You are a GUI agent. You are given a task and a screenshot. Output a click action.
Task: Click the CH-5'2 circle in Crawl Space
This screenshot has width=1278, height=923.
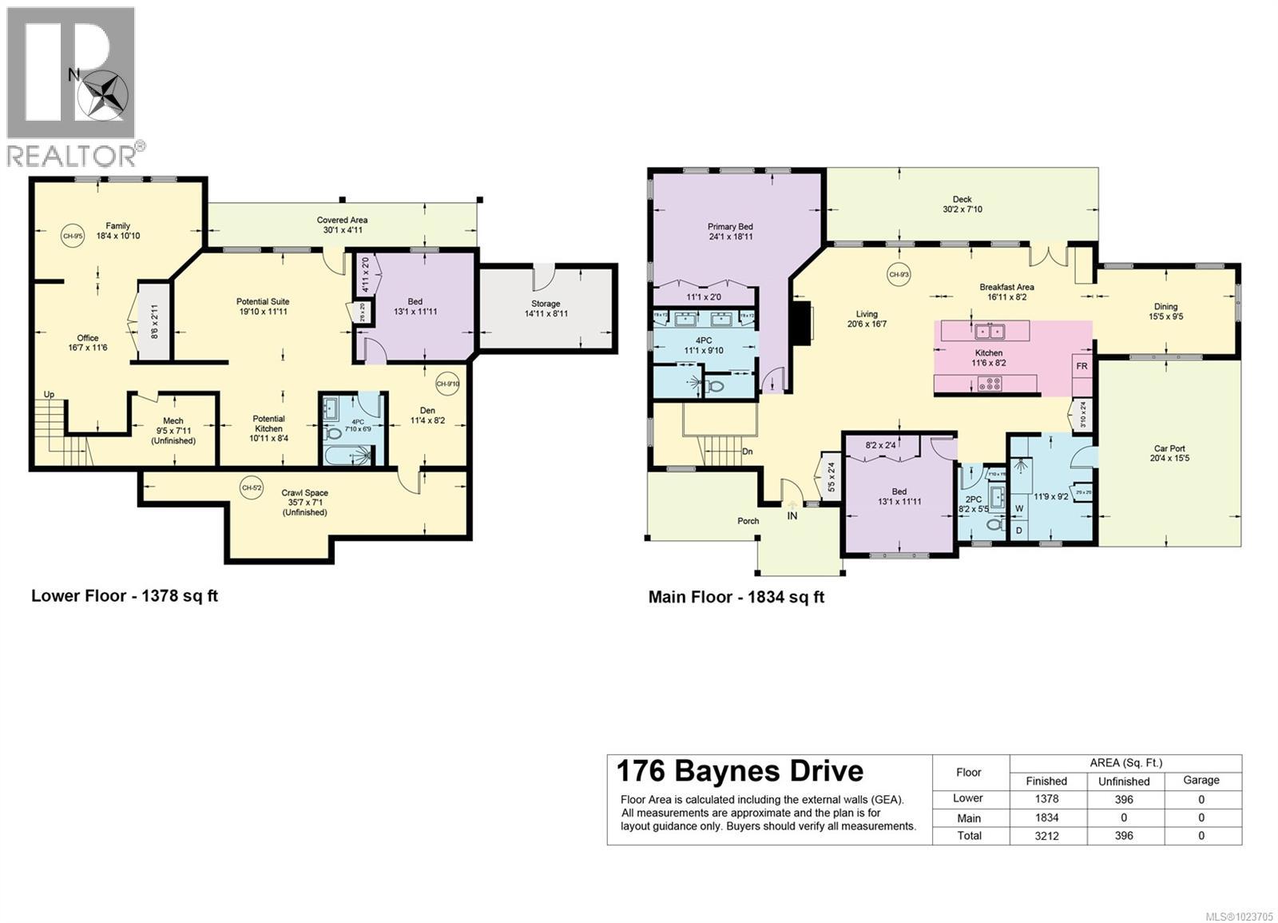(251, 487)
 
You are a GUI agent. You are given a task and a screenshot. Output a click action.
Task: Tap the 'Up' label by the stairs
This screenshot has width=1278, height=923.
(49, 395)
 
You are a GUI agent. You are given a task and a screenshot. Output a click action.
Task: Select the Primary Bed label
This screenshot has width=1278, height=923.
(730, 232)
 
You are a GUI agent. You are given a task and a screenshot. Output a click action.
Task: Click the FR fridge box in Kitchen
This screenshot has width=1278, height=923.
(1082, 367)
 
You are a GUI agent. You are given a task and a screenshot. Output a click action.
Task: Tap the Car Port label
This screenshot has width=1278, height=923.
(1170, 453)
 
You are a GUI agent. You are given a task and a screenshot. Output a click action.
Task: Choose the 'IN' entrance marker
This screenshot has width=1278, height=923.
(792, 516)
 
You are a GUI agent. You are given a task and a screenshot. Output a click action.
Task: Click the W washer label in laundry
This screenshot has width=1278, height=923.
(1019, 508)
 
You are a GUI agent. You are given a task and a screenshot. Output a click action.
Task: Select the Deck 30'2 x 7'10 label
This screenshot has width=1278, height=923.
(962, 205)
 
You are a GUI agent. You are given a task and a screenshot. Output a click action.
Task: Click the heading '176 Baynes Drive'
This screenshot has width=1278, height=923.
(740, 771)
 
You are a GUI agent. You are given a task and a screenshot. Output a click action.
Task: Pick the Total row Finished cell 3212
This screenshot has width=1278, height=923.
(1046, 836)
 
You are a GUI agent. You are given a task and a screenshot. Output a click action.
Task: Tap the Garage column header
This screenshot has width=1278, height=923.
(1201, 781)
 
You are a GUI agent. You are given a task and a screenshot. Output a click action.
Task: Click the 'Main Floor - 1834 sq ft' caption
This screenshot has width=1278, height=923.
(736, 597)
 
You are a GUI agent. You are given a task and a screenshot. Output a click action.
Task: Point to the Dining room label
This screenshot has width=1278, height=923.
(1165, 311)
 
